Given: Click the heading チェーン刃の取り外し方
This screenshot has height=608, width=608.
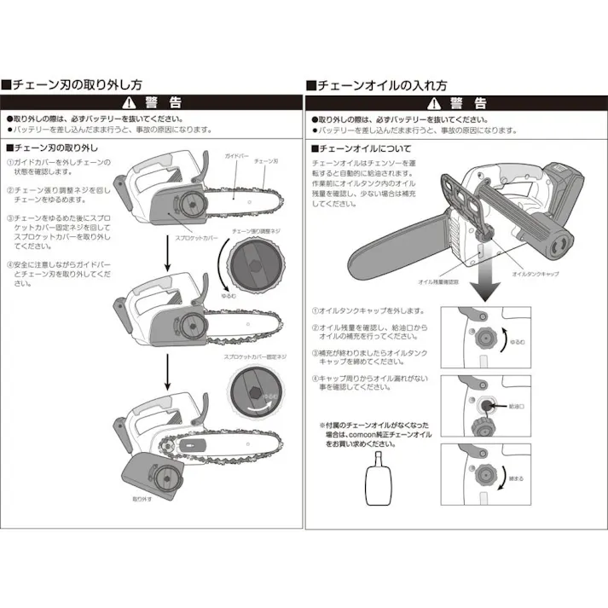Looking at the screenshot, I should click(x=77, y=85).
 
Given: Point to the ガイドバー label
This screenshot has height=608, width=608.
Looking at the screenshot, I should click(x=236, y=158).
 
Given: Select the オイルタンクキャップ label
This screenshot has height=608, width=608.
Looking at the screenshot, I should click(x=534, y=275).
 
